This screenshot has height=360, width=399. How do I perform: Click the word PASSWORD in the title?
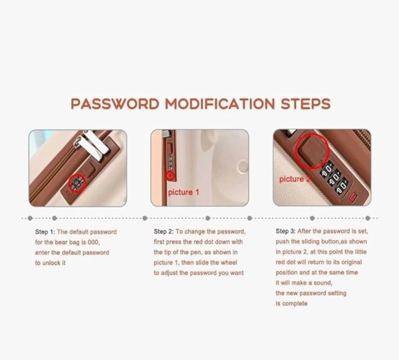coord(115,104)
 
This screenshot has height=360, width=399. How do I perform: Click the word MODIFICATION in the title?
coord(220,104)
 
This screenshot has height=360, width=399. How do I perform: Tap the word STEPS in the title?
coord(306,104)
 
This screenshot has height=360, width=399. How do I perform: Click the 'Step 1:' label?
coord(45,232)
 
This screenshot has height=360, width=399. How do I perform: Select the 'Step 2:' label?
coord(164,232)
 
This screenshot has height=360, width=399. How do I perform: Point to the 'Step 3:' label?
coord(285,231)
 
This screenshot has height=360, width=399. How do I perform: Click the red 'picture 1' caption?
coord(184,192)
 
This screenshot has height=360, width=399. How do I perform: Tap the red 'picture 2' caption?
coord(295,179)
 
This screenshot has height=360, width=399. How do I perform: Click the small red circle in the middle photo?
coord(170,176)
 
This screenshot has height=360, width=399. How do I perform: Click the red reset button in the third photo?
coord(353,197)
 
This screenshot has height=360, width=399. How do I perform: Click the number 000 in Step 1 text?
coord(93,242)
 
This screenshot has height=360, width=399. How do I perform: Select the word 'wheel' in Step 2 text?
coord(229,262)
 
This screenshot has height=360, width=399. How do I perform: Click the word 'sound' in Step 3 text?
coord(323,283)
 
